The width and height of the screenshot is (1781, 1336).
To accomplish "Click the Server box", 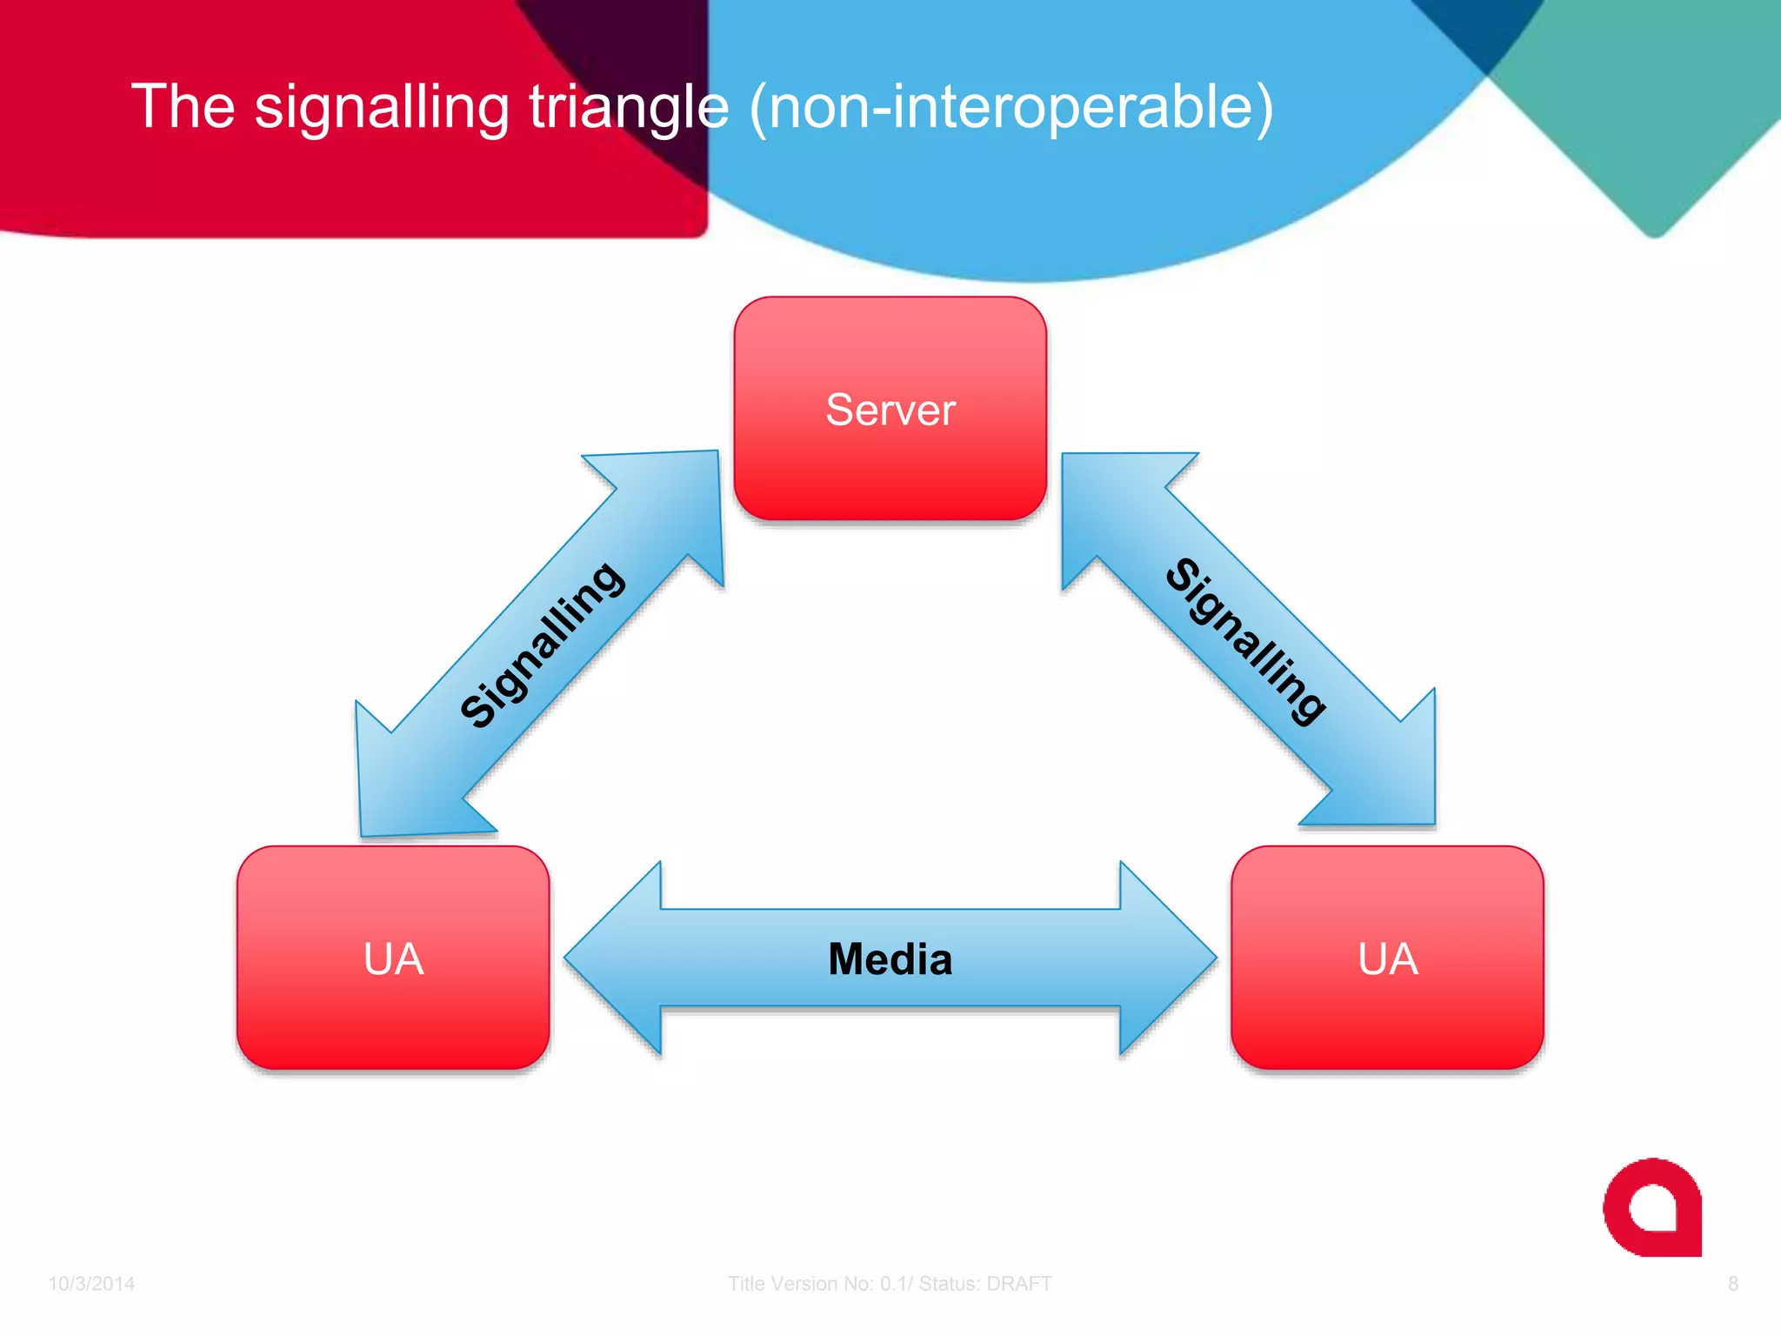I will [x=890, y=409].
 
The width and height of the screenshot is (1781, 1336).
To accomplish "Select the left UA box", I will [x=393, y=958].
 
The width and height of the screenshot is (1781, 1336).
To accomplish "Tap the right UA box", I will [x=1387, y=958].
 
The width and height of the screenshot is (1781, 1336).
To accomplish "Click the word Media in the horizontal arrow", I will [x=890, y=959].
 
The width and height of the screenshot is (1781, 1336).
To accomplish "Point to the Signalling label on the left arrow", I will [x=542, y=645].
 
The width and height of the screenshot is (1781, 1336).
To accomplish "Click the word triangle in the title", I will [x=629, y=107].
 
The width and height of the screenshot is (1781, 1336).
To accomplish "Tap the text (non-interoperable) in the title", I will [x=1011, y=107].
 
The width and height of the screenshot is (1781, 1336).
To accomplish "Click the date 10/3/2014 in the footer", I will [x=91, y=1284].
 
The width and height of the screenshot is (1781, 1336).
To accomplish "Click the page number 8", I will [x=1732, y=1284].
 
